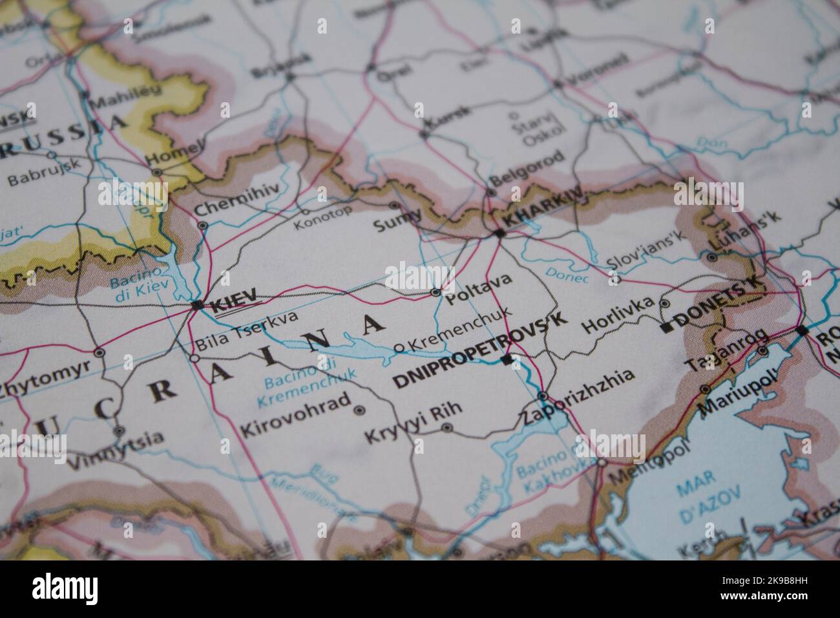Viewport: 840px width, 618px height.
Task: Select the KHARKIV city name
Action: click(x=542, y=208)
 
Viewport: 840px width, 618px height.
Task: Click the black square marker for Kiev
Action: click(x=198, y=304)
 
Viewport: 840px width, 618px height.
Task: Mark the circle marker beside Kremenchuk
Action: click(x=399, y=348)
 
